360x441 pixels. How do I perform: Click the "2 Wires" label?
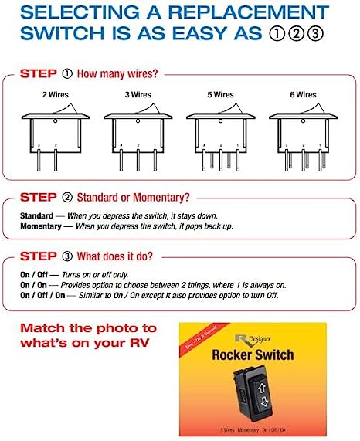pyautogui.click(x=55, y=93)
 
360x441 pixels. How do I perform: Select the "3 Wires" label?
pyautogui.click(x=138, y=93)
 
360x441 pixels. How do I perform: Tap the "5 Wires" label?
pyautogui.click(x=221, y=93)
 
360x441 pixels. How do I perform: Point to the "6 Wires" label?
pyautogui.click(x=304, y=93)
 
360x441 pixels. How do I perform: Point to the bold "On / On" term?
pyautogui.click(x=35, y=285)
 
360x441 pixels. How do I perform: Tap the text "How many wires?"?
pyautogui.click(x=120, y=75)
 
